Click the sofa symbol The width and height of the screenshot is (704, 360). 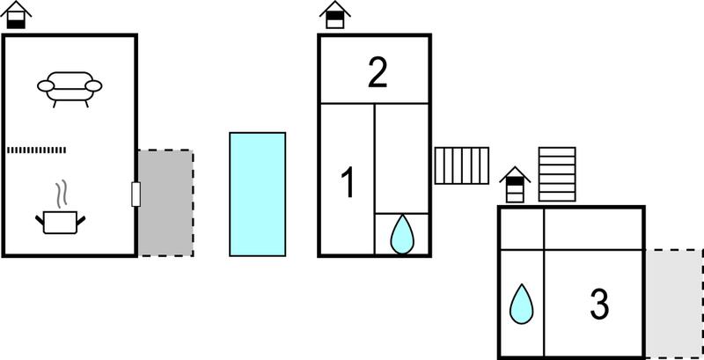click(x=70, y=88)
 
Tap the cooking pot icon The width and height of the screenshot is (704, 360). click(x=60, y=222)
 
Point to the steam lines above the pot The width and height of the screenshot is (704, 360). click(x=62, y=194)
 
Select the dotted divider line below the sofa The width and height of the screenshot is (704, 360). click(x=36, y=150)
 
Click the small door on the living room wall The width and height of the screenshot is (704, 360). click(x=136, y=195)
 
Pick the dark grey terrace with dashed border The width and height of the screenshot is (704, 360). click(x=165, y=203)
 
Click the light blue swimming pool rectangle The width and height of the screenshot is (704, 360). click(x=257, y=195)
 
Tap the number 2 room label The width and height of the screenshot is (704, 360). click(x=378, y=75)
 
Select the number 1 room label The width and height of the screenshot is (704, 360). click(x=348, y=182)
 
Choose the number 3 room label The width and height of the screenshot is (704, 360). click(x=599, y=305)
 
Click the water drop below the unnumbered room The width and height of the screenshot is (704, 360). click(x=402, y=234)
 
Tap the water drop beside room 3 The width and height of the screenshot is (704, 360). click(x=521, y=304)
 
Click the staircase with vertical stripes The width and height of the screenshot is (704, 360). click(x=461, y=165)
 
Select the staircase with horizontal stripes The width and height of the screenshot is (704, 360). click(x=557, y=174)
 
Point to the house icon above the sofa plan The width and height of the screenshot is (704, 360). click(x=16, y=15)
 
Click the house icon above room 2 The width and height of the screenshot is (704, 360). click(x=335, y=15)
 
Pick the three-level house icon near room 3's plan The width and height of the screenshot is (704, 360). click(x=515, y=185)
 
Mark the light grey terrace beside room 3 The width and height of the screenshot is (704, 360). click(x=674, y=304)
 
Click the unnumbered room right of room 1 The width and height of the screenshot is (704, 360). click(x=402, y=158)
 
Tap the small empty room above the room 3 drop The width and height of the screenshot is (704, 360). click(x=522, y=229)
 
